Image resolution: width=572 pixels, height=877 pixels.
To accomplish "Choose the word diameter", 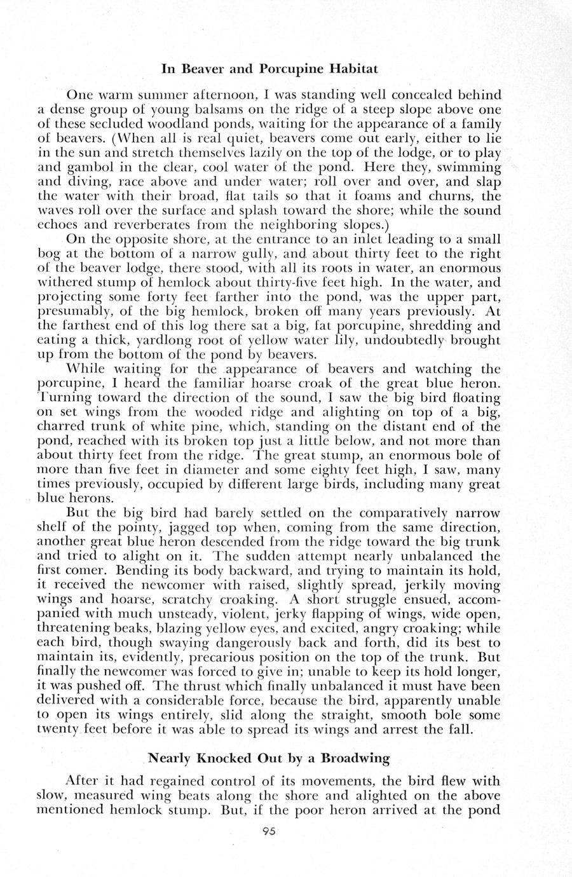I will [224, 470].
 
